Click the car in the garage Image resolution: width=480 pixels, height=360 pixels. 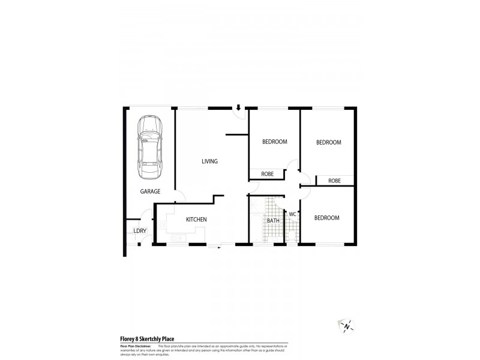coord(150,147)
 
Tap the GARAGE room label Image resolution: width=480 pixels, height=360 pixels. coord(150,191)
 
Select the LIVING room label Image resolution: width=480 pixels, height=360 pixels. coord(209,161)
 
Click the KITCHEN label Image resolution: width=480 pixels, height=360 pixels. coord(196,220)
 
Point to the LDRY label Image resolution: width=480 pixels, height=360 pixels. coord(139,231)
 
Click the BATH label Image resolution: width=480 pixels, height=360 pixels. coord(273,221)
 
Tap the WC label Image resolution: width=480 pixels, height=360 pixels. coord(293,214)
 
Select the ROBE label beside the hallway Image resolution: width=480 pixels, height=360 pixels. coord(267,174)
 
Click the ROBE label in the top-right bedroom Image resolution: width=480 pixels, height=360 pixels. coord(334,181)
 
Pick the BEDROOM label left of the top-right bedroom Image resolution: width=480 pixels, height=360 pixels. coord(275,142)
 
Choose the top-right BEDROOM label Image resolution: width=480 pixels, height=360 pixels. coord(329,142)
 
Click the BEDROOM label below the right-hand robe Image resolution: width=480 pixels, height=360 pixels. coord(327,218)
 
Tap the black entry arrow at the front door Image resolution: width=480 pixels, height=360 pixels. coord(238,108)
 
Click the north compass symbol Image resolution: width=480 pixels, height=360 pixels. coord(346,325)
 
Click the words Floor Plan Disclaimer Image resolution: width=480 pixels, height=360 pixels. coord(134,346)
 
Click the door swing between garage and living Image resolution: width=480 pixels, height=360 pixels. coord(180,196)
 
